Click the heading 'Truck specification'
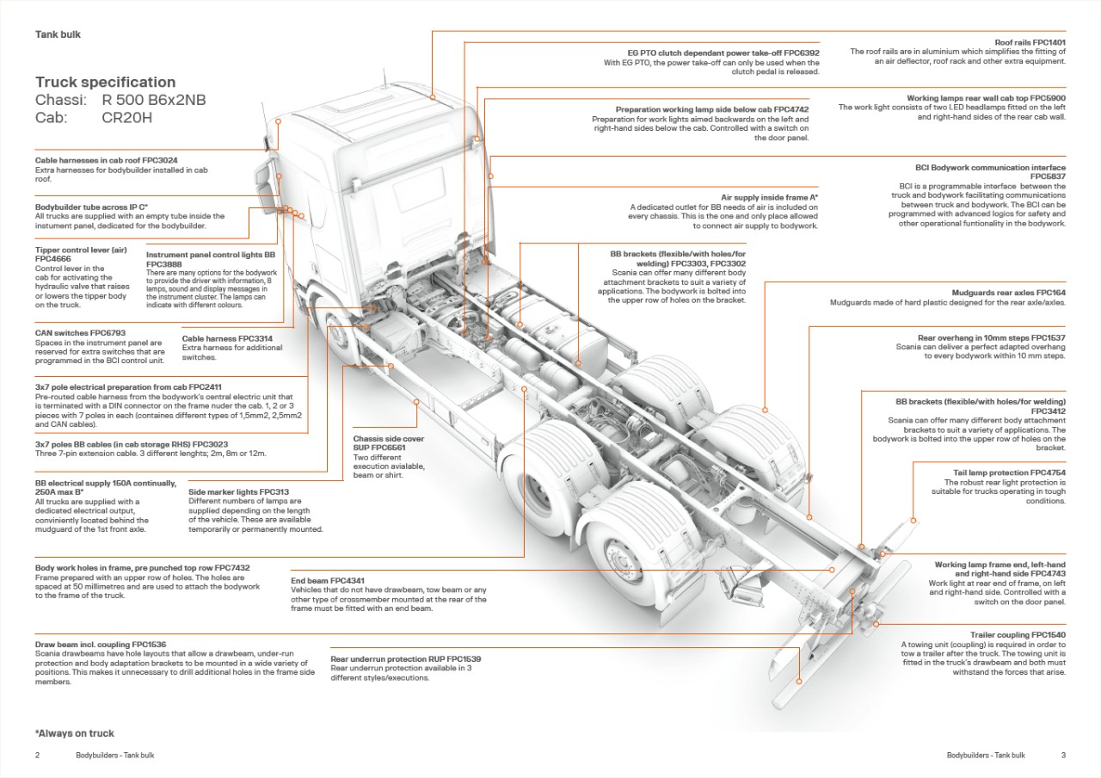(x=105, y=83)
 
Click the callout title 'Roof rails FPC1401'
(x=1030, y=42)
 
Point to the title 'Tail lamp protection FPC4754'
(x=1005, y=473)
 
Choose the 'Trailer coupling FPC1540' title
(x=1018, y=635)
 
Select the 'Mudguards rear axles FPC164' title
(x=1008, y=293)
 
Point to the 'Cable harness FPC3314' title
(x=227, y=338)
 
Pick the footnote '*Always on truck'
(x=74, y=733)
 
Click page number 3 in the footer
(x=1063, y=756)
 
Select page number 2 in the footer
(x=37, y=756)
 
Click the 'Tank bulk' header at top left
(x=58, y=34)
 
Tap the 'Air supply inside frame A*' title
(x=769, y=198)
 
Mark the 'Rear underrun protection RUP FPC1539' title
(x=405, y=659)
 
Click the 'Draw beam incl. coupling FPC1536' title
(x=100, y=645)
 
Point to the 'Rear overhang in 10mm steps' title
(x=991, y=338)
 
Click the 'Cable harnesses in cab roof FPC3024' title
(x=106, y=161)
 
